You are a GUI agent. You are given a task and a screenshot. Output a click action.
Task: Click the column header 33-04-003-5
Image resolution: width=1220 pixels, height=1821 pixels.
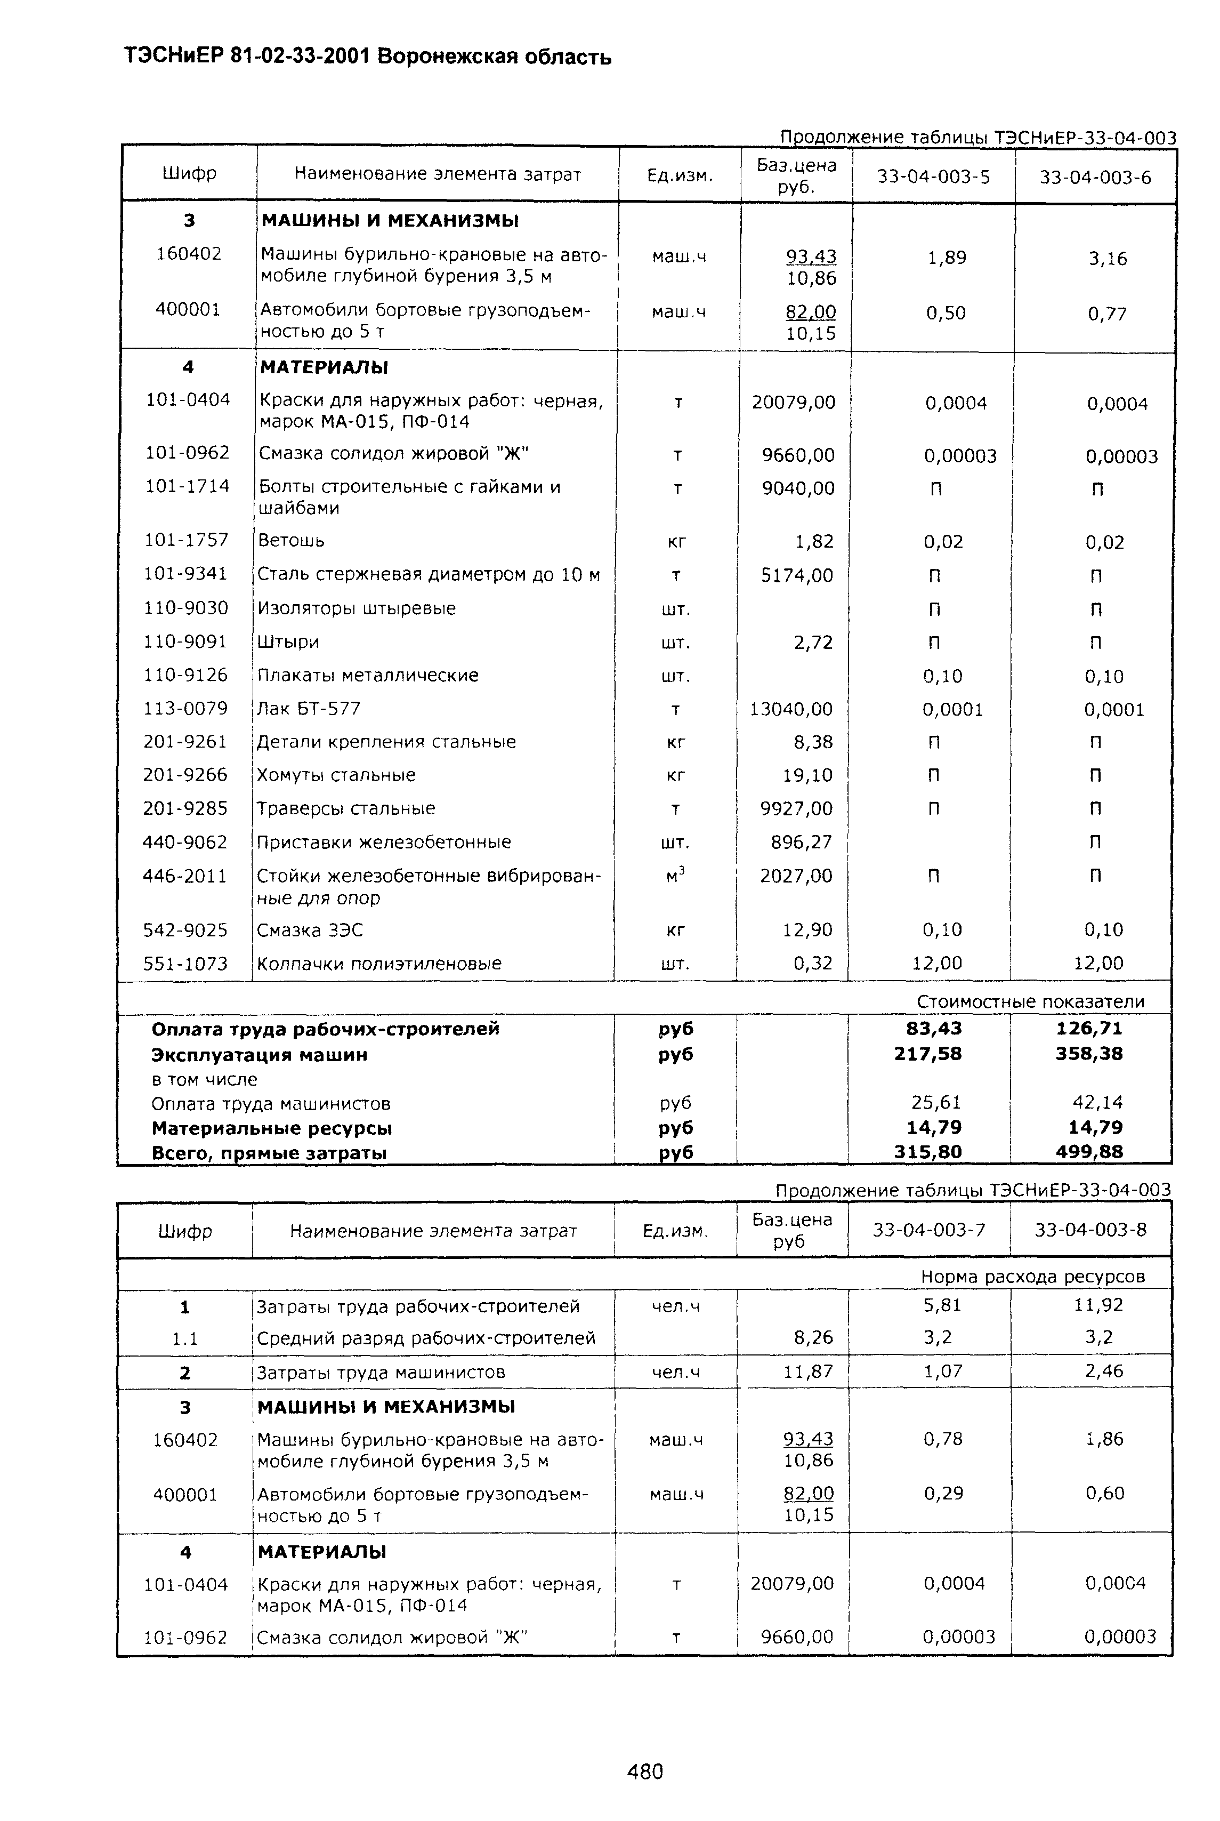click(x=934, y=178)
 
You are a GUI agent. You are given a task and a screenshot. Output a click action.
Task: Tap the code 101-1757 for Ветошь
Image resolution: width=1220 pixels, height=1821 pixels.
click(x=187, y=540)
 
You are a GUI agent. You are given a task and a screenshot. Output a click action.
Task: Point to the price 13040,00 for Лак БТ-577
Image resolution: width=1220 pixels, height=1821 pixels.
click(x=790, y=709)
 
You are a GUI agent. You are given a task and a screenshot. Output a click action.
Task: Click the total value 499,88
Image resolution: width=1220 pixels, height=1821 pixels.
click(x=1089, y=1152)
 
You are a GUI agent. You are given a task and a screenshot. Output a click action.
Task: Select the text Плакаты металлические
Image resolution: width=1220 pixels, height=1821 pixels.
click(x=368, y=676)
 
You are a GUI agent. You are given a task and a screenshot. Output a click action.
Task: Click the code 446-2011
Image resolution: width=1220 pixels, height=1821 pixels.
click(x=185, y=876)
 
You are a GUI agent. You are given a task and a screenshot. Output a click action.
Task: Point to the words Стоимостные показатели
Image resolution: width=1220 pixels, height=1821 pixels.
click(x=1030, y=1001)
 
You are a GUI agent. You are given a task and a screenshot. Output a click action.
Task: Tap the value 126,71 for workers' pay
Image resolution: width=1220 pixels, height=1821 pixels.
click(x=1089, y=1029)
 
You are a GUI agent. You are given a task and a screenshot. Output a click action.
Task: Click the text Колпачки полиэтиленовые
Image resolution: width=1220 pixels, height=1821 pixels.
click(x=379, y=964)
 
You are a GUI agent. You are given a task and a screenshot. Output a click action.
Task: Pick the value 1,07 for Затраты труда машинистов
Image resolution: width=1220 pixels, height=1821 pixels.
click(x=943, y=1371)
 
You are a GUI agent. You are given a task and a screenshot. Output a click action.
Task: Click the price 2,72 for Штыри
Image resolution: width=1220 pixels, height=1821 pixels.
click(x=813, y=643)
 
